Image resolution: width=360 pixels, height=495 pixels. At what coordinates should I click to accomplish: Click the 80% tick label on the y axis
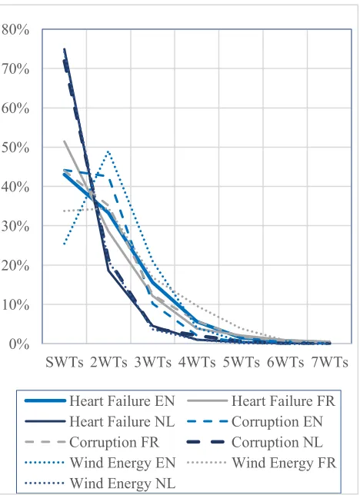15,30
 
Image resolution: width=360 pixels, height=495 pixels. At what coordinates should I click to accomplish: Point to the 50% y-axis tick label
15,148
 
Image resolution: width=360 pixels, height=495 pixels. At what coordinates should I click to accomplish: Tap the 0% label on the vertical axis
19,344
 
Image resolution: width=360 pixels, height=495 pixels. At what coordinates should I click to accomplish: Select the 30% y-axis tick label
15,226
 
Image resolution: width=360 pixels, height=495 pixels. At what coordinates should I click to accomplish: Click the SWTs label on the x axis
65,362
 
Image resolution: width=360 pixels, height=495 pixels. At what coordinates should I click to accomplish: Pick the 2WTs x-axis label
108,362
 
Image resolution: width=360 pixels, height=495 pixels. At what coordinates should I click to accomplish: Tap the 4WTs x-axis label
197,362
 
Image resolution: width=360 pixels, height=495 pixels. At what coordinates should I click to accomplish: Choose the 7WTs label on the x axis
330,362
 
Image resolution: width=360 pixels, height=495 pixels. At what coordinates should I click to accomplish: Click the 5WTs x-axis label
241,362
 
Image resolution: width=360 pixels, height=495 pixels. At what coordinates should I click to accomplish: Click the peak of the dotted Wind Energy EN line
108,151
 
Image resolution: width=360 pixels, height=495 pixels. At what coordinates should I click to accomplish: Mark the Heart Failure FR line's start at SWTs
65,141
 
